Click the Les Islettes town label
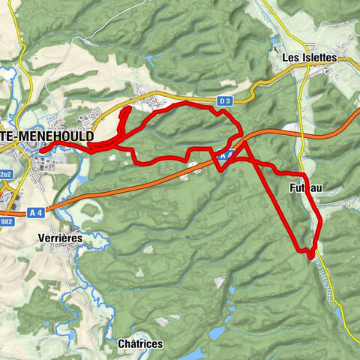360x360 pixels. [x=309, y=57]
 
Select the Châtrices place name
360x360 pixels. [x=139, y=343]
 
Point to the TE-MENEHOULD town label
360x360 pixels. [x=46, y=137]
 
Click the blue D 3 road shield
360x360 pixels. [x=224, y=100]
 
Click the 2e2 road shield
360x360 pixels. [x=5, y=174]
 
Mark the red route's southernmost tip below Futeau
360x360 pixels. [x=310, y=255]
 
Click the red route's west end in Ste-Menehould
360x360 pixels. [x=42, y=151]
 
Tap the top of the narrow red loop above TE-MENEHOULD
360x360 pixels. [x=124, y=110]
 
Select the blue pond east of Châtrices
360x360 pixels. [x=217, y=331]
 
